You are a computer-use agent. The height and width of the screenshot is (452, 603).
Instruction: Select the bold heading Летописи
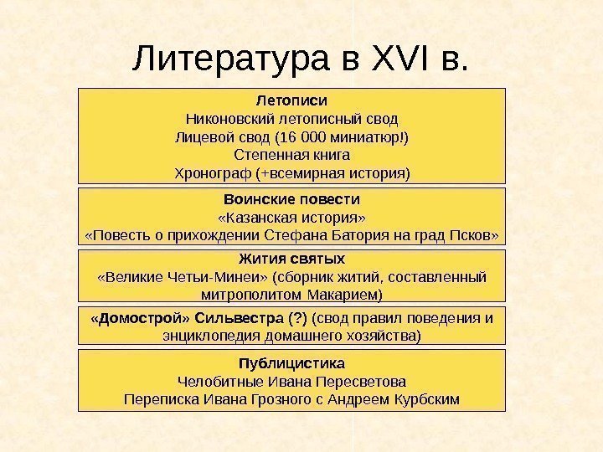click(x=291, y=100)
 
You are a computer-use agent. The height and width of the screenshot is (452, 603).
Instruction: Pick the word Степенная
click(x=267, y=156)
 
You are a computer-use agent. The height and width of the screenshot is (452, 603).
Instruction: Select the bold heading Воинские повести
click(x=291, y=200)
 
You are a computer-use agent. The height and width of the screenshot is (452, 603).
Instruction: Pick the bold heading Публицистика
click(x=291, y=364)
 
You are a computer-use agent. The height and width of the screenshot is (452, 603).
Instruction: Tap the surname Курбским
click(x=425, y=399)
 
